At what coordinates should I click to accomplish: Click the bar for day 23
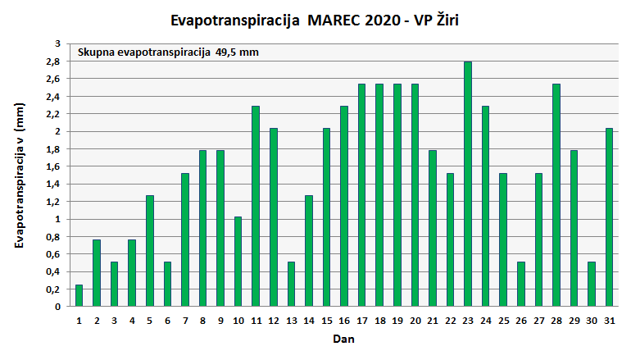pyautogui.click(x=468, y=185)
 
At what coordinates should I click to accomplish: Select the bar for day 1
pyautogui.click(x=79, y=296)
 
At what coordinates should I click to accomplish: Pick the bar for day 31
pyautogui.click(x=609, y=217)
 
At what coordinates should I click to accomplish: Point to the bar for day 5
pyautogui.click(x=150, y=251)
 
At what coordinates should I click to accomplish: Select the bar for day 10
pyautogui.click(x=238, y=262)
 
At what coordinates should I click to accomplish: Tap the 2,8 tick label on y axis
pyautogui.click(x=53, y=62)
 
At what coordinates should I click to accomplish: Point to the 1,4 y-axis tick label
pyautogui.click(x=53, y=185)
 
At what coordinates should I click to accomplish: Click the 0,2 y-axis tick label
pyautogui.click(x=53, y=289)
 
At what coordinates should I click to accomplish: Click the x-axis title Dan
pyautogui.click(x=343, y=338)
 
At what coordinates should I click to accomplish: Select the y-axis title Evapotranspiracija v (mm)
pyautogui.click(x=20, y=175)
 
